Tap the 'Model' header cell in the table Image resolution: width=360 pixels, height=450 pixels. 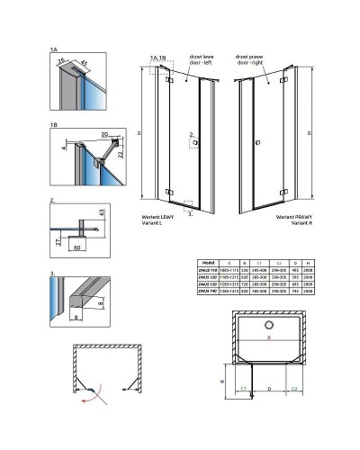205,262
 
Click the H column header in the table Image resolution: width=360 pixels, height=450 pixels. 309,262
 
